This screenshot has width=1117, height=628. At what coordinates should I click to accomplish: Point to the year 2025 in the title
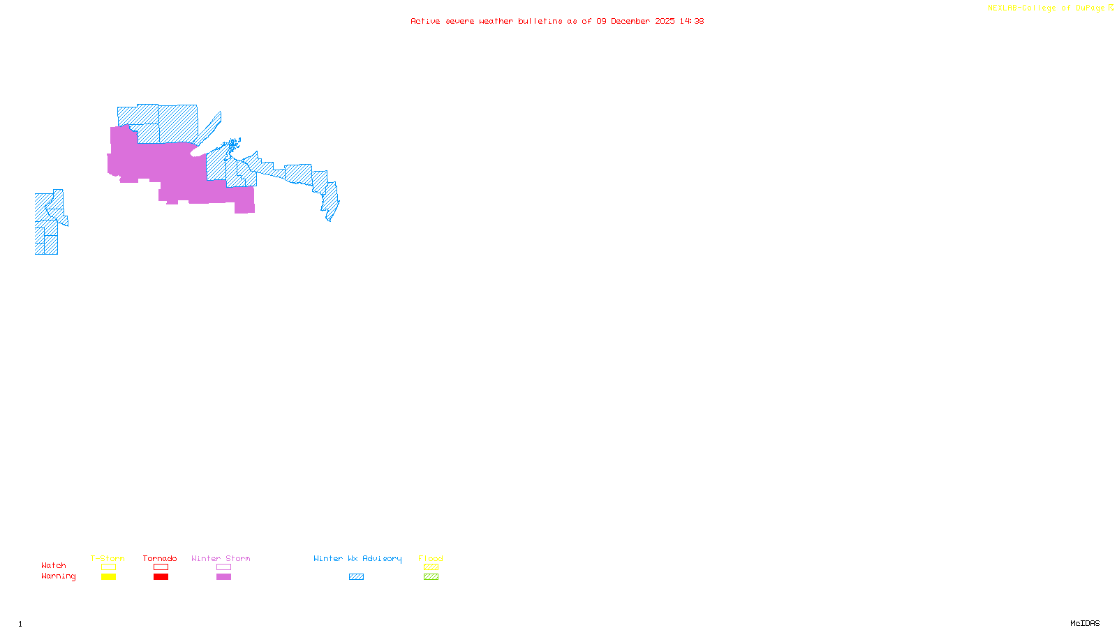pos(665,21)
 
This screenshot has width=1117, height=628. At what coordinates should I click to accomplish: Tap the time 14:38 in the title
pos(692,21)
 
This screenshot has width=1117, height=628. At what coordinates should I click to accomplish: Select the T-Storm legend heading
pos(108,558)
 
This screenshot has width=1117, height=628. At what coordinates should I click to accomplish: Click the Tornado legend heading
pos(160,558)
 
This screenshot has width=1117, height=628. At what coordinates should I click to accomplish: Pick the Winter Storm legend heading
pos(221,558)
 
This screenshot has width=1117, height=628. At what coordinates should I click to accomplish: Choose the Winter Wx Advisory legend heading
pos(357,558)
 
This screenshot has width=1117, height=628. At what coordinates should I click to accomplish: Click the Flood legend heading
pos(431,558)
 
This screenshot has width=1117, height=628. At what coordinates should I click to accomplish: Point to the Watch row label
pos(54,565)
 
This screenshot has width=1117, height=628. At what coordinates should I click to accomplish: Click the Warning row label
pos(58,576)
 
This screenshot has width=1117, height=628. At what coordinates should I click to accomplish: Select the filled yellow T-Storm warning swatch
pos(108,577)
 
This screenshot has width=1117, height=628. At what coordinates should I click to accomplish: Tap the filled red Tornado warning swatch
pos(161,577)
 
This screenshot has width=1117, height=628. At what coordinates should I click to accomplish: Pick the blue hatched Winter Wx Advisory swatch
pos(356,577)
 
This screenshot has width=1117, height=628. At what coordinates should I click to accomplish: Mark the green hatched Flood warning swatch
pos(431,577)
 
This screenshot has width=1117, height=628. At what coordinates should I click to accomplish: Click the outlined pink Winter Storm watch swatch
pos(223,567)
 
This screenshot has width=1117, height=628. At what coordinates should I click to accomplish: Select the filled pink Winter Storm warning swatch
pos(223,577)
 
